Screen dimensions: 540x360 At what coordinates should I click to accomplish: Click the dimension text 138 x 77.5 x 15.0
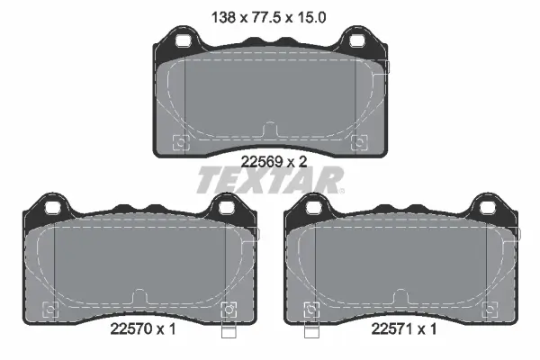(x=268, y=17)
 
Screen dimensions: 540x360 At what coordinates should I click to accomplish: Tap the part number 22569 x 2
(x=274, y=162)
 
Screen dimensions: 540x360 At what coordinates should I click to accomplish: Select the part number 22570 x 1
(x=143, y=329)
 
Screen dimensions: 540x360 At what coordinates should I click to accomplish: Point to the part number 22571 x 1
(x=403, y=329)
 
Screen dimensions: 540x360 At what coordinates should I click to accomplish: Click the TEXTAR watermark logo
(x=270, y=180)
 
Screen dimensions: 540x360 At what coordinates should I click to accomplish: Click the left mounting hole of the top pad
(x=183, y=41)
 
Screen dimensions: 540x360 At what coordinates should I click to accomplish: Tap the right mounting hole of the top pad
(x=357, y=41)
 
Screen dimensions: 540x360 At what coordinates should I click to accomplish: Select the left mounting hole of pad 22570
(x=53, y=208)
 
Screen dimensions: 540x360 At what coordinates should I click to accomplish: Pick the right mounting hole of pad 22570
(x=227, y=208)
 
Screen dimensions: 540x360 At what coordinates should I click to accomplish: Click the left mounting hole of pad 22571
(x=314, y=208)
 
